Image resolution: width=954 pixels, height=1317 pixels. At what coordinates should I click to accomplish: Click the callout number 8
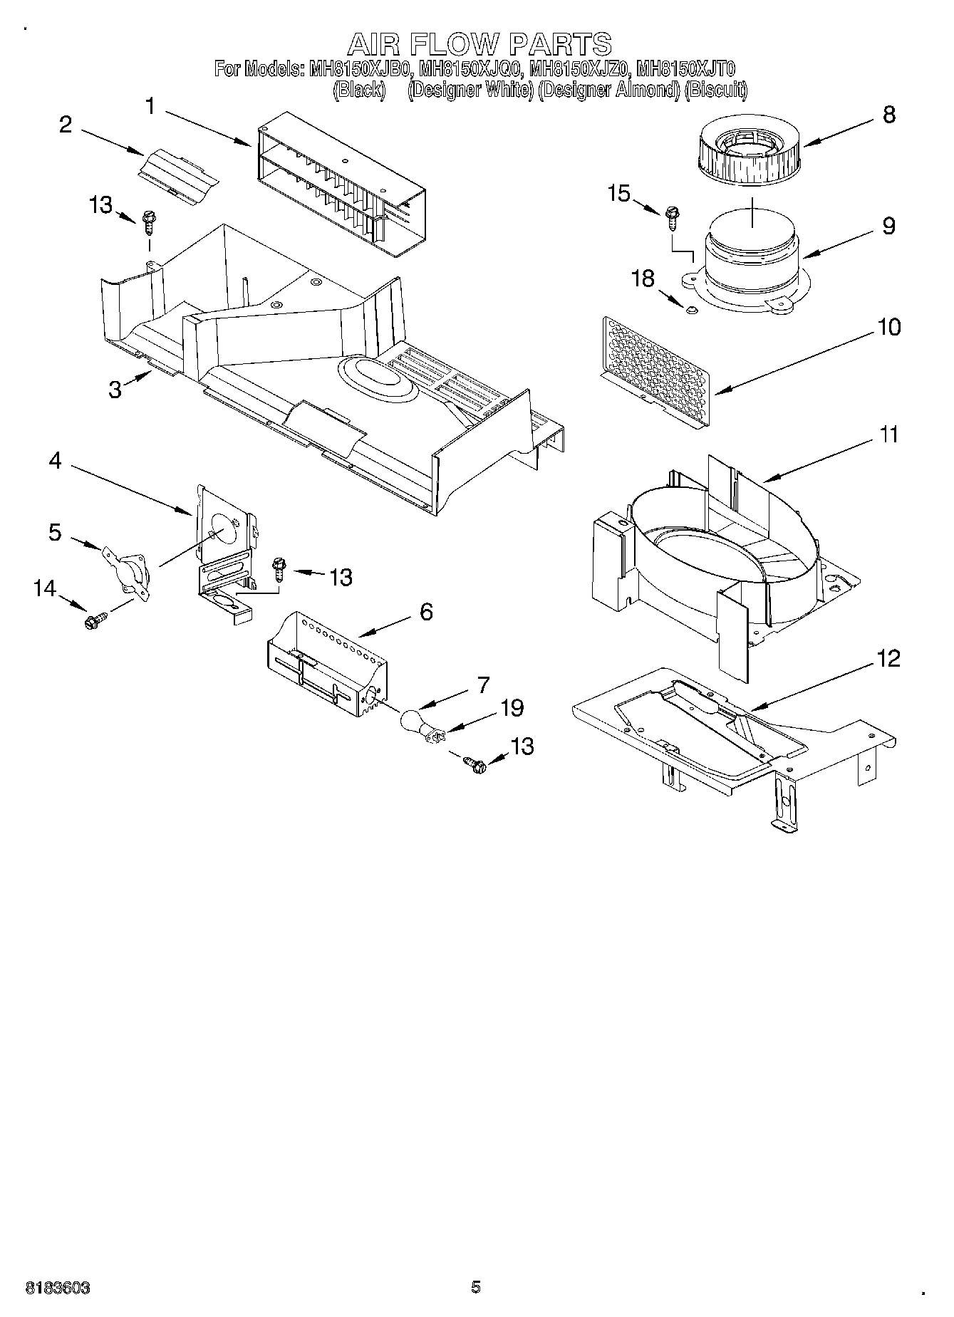888,115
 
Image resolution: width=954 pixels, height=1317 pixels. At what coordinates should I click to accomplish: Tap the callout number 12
889,659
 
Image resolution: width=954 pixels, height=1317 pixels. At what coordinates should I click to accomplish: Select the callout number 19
512,708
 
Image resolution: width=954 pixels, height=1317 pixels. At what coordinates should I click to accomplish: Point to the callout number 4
55,462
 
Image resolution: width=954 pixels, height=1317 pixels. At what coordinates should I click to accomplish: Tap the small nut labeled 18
690,309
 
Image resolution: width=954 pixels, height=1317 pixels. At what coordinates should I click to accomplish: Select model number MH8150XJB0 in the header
361,69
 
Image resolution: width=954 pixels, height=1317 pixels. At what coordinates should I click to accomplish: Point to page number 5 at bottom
476,1286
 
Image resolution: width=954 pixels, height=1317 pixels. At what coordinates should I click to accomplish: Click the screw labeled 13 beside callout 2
150,221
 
